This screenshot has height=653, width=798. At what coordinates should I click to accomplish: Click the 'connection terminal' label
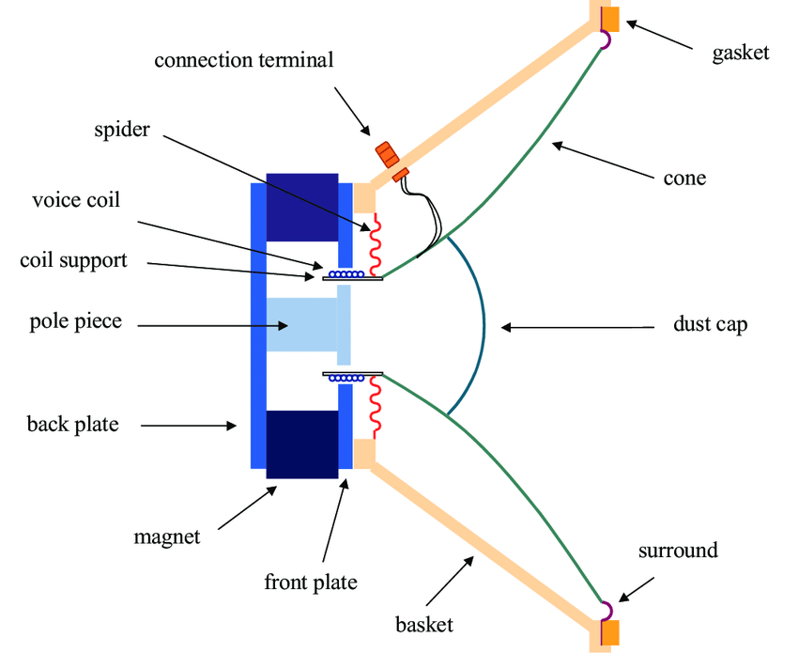point(243,62)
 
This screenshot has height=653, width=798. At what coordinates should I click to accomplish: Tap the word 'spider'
point(121,130)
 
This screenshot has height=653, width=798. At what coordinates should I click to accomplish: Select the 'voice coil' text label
point(76,200)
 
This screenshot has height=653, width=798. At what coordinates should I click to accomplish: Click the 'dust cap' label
point(710,325)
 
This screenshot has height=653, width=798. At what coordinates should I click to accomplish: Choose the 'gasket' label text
point(740,53)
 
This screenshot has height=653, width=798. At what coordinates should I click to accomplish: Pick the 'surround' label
point(677,550)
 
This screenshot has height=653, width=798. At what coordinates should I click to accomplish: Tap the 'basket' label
point(424,624)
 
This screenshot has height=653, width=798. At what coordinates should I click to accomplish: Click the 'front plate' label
point(311,582)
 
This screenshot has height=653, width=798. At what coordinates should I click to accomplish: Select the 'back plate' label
point(72,424)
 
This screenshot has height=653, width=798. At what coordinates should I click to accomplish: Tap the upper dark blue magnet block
point(301,207)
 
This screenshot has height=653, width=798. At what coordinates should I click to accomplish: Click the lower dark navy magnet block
point(301,444)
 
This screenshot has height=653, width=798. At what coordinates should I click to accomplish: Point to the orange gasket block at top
point(610,19)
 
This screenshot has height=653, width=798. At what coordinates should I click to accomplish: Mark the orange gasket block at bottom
point(610,632)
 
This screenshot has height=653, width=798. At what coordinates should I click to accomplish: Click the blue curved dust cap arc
point(482,325)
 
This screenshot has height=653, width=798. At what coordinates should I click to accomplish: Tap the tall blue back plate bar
point(258,325)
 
